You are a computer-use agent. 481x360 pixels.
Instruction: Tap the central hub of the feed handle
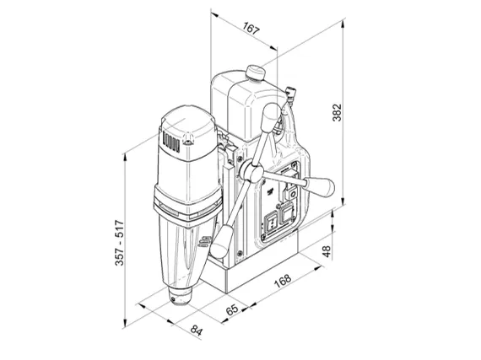(x=251, y=173)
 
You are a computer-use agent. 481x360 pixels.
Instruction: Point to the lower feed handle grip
(x=220, y=239)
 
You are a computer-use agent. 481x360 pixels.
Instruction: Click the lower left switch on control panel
(x=273, y=223)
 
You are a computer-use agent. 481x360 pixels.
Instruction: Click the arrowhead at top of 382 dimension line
(x=346, y=25)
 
